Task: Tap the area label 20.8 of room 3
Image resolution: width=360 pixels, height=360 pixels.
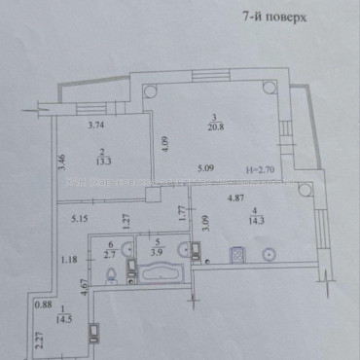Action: pos(212,127)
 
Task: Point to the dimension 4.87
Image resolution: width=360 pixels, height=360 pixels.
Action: pos(235,199)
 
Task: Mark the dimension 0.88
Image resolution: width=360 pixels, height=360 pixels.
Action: pos(42,306)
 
